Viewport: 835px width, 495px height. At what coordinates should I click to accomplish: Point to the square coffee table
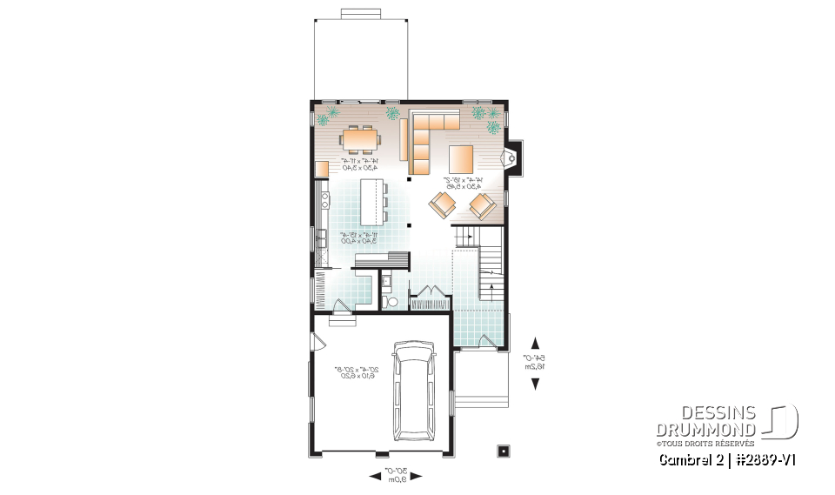[x=462, y=160]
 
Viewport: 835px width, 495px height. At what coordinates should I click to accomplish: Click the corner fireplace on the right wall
[x=511, y=157]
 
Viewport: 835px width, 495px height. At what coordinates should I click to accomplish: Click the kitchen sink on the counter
[x=322, y=235]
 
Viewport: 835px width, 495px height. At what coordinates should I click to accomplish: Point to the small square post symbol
[x=502, y=451]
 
